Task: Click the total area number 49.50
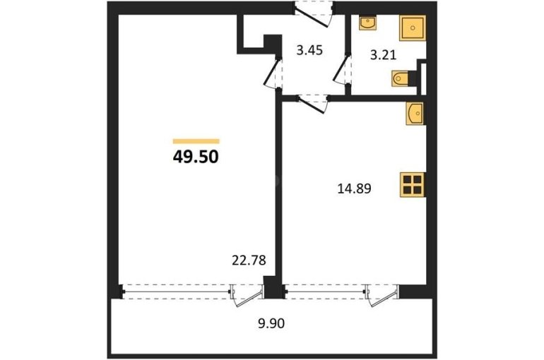pyautogui.click(x=196, y=157)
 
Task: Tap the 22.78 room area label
pyautogui.click(x=249, y=260)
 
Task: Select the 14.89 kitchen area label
pyautogui.click(x=354, y=188)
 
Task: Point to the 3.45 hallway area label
pyautogui.click(x=309, y=50)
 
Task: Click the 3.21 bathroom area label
pyautogui.click(x=383, y=55)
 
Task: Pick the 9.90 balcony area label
pyautogui.click(x=271, y=323)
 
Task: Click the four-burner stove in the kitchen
pyautogui.click(x=413, y=185)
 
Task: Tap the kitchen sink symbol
pyautogui.click(x=415, y=114)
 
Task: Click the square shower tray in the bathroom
pyautogui.click(x=413, y=28)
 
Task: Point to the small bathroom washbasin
pyautogui.click(x=368, y=23)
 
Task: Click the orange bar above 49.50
pyautogui.click(x=196, y=141)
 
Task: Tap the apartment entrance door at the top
pyautogui.click(x=314, y=14)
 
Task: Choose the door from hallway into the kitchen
pyautogui.click(x=312, y=104)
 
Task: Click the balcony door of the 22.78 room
pyautogui.click(x=247, y=295)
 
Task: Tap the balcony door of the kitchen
pyautogui.click(x=382, y=295)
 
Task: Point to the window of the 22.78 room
pyautogui.click(x=175, y=291)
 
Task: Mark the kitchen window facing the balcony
pyautogui.click(x=324, y=291)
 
